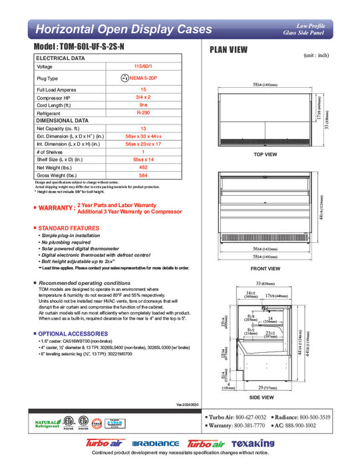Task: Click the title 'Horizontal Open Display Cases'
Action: click(x=123, y=30)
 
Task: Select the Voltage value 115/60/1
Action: click(x=143, y=67)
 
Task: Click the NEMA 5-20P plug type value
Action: click(x=143, y=78)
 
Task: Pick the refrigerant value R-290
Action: click(x=143, y=113)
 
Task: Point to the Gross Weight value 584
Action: click(x=143, y=176)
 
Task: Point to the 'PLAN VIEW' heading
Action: click(x=230, y=49)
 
